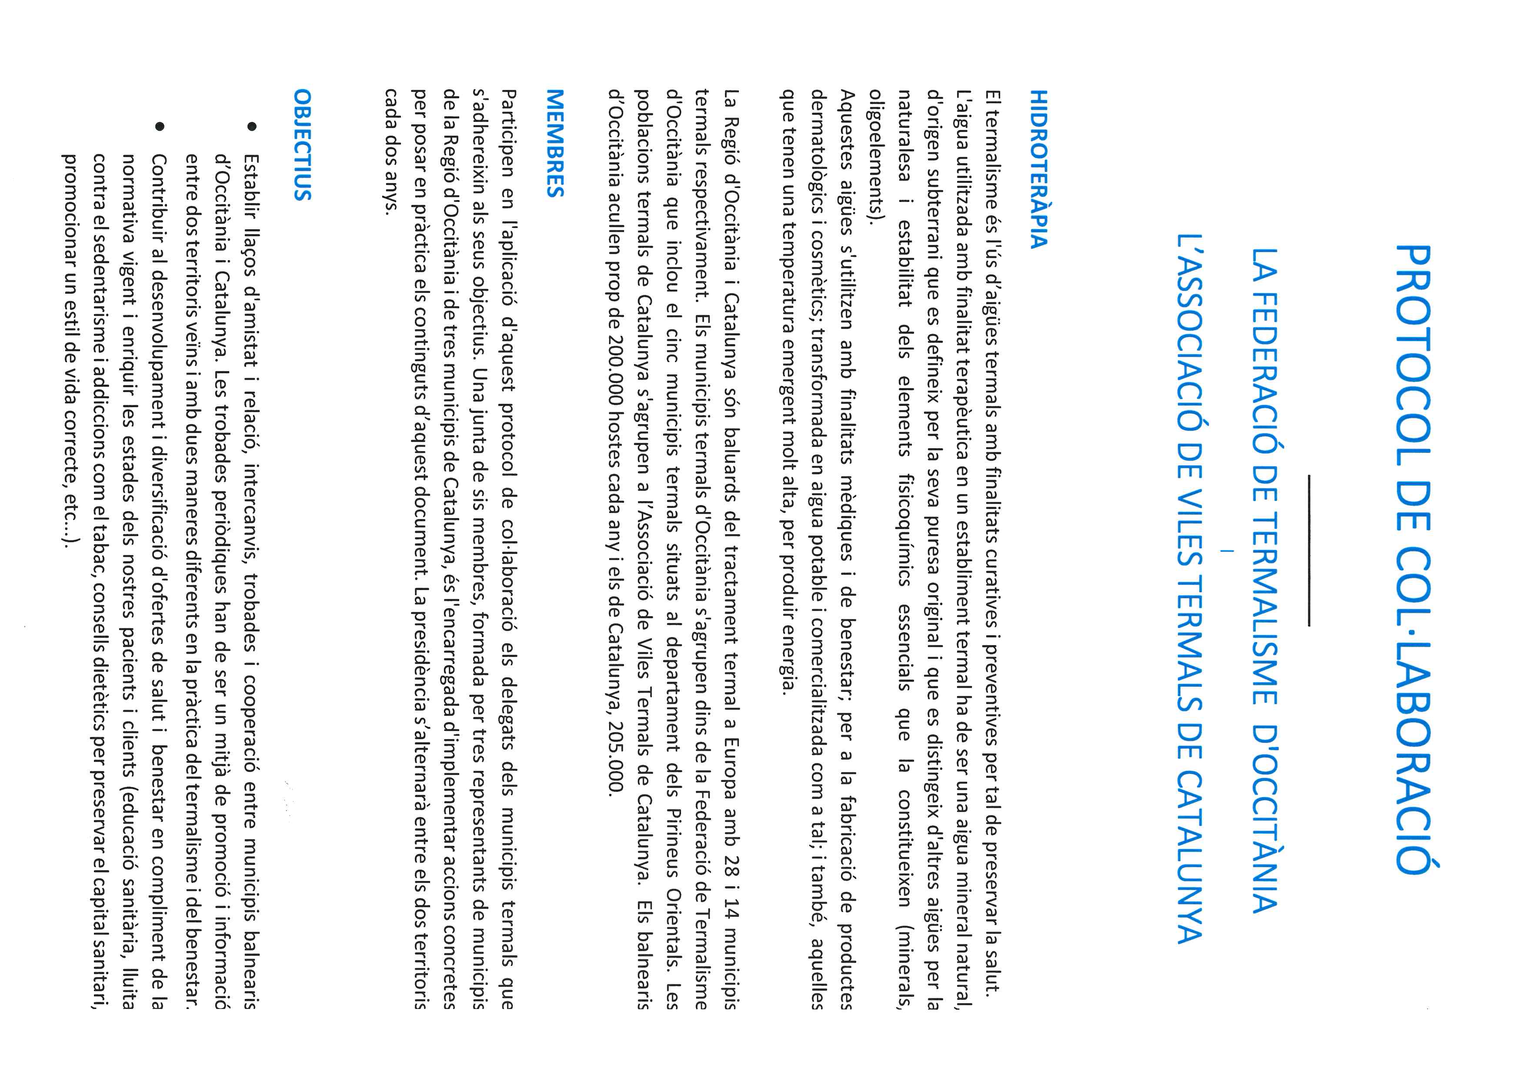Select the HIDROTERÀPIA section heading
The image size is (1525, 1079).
pyautogui.click(x=1038, y=169)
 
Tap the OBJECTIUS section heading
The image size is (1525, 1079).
pyautogui.click(x=302, y=145)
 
